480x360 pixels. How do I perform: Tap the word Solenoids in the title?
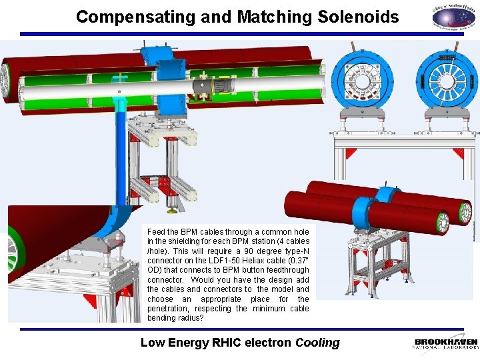[x=360, y=17]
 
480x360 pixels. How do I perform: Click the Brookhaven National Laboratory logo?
[x=445, y=343]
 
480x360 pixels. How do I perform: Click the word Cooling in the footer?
[x=317, y=343]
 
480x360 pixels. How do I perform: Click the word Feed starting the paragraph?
[x=155, y=231]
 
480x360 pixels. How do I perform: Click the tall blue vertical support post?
[x=122, y=153]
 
